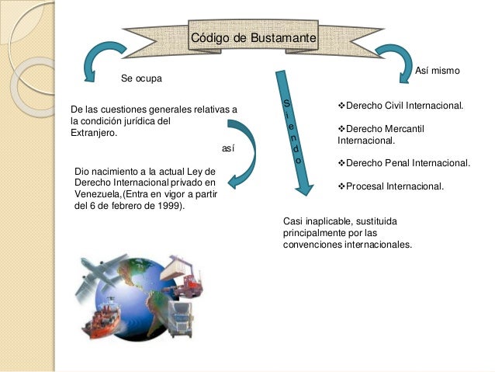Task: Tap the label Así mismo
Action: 438,71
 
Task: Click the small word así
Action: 227,147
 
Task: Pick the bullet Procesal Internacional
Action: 391,186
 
